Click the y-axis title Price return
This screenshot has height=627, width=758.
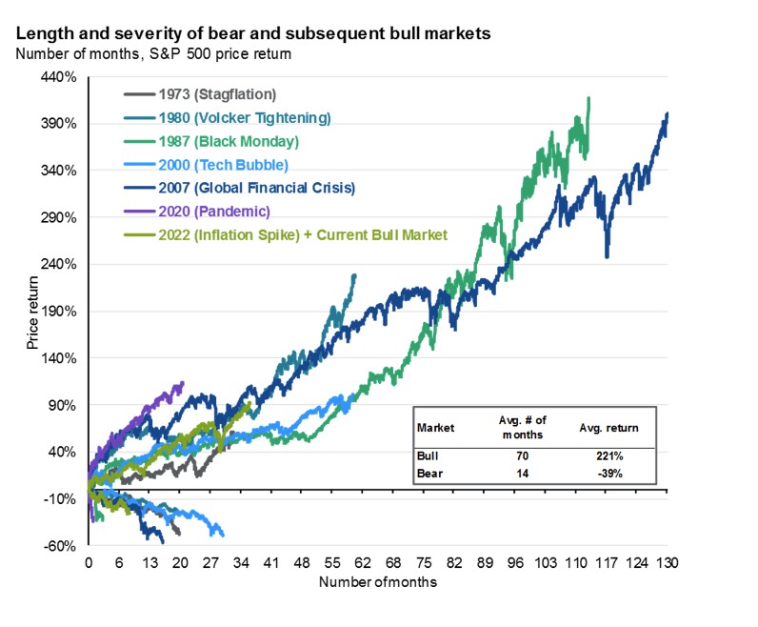[x=33, y=313]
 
